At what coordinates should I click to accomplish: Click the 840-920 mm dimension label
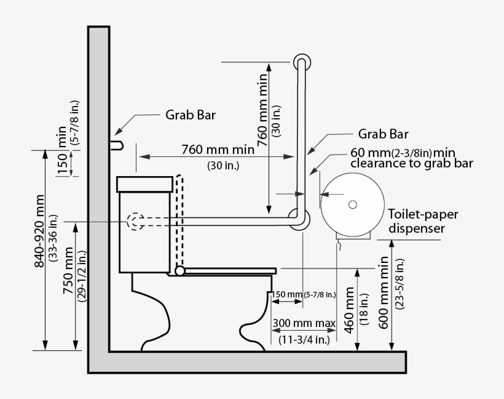(39, 231)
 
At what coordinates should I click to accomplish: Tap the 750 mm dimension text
(68, 271)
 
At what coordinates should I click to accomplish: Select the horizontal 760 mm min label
(218, 150)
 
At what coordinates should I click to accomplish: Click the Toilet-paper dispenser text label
(423, 221)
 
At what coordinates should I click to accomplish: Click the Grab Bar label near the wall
(190, 115)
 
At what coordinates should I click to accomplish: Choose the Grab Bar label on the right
(382, 134)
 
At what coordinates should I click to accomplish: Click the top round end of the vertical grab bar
(301, 62)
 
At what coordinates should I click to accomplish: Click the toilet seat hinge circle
(179, 270)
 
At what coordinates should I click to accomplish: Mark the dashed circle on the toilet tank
(135, 222)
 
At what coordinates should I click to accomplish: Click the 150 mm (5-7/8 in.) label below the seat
(304, 295)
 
